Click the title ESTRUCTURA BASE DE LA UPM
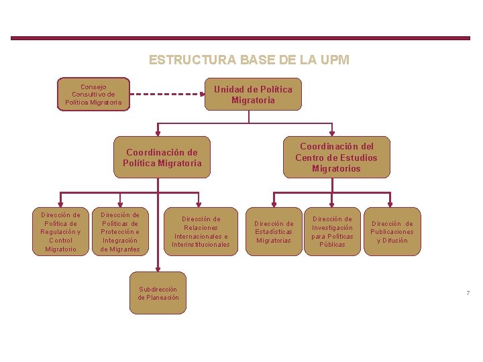[x=249, y=60]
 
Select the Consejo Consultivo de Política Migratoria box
[x=93, y=95]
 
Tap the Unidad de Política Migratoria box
[x=253, y=95]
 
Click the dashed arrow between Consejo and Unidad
[x=167, y=95]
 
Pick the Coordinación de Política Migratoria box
[x=162, y=158]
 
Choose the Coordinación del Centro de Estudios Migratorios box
[x=336, y=158]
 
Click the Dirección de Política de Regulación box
[x=60, y=232]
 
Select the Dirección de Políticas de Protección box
[x=120, y=232]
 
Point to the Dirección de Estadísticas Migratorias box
[x=273, y=232]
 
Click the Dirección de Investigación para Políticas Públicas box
[x=332, y=232]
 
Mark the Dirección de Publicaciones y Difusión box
[x=392, y=232]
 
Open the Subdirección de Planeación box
[x=158, y=294]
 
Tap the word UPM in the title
[x=336, y=60]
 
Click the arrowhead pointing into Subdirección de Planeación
[x=158, y=270]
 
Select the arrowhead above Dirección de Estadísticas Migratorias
[x=273, y=204]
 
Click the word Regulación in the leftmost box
[x=60, y=232]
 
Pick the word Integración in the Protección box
[x=120, y=241]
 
